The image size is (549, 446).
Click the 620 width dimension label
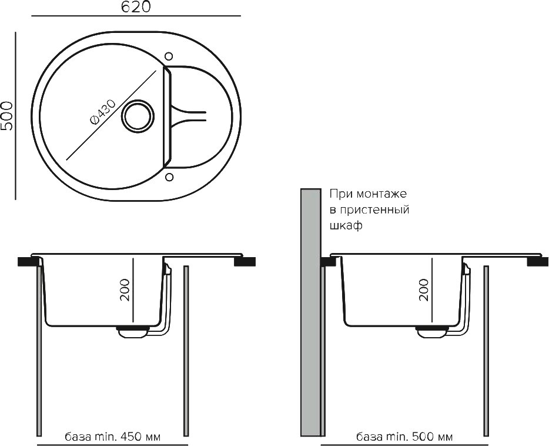136,7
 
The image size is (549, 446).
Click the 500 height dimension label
6,116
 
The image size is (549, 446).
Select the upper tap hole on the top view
169,56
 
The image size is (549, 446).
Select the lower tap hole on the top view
169,177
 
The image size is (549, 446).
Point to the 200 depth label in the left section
125,289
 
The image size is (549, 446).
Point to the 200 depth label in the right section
423,289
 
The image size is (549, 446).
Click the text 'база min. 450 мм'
113,437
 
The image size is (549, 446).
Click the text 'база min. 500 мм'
404,437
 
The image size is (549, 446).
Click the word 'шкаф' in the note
346,225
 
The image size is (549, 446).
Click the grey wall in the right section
311,312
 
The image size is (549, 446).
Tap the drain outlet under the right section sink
431,331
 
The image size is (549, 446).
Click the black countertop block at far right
538,261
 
